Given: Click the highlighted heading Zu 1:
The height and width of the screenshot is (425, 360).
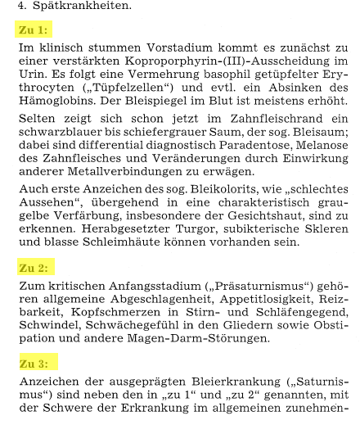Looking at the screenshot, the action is [x=33, y=30].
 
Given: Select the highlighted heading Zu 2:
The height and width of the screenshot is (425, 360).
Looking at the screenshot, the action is [x=33, y=268].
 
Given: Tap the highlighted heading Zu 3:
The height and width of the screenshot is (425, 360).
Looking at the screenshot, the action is [x=33, y=363].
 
